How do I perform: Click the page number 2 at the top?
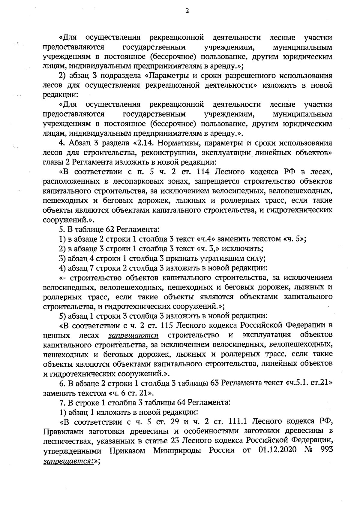pyautogui.click(x=187, y=11)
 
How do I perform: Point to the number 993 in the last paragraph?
pyautogui.click(x=325, y=450)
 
